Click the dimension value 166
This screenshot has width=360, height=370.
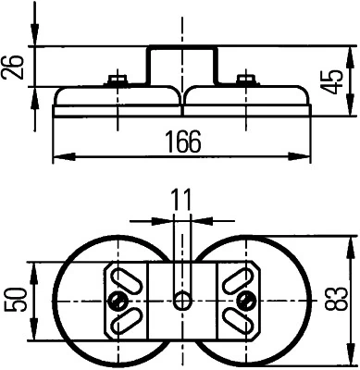[x=182, y=141]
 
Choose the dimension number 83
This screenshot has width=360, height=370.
[x=342, y=299]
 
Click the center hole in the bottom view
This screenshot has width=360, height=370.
[x=182, y=300]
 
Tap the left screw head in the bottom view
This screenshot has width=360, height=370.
[x=118, y=300]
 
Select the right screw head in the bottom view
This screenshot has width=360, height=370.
[x=245, y=300]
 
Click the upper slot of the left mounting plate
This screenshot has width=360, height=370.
[x=126, y=277]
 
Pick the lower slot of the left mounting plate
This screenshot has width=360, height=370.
[x=126, y=322]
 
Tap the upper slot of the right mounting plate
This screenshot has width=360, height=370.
[x=238, y=277]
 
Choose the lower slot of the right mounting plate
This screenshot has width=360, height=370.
[x=238, y=322]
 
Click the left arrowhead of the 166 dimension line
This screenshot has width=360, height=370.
[x=58, y=154]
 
